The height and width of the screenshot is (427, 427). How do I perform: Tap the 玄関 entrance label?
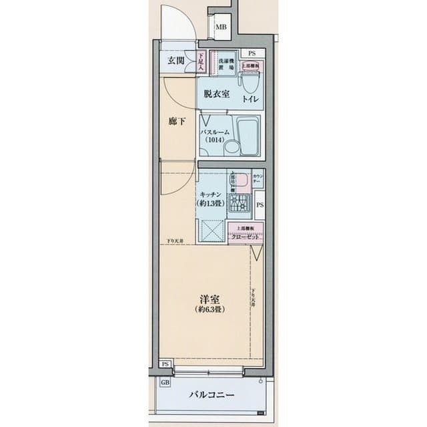tap(177, 61)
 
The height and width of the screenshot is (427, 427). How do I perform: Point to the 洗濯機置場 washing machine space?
tap(225, 64)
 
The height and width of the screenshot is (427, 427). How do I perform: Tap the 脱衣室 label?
tap(217, 94)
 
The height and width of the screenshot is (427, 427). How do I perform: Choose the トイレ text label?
tap(251, 100)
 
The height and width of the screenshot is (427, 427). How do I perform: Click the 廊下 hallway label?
tap(177, 122)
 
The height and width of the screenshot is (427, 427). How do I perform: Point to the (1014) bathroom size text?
tap(215, 141)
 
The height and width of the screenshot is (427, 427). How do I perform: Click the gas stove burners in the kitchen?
tap(238, 202)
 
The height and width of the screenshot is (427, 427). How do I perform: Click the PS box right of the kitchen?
tap(260, 205)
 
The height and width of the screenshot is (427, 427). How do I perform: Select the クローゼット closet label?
tap(246, 237)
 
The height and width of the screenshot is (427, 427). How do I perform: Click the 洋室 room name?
tap(209, 299)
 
